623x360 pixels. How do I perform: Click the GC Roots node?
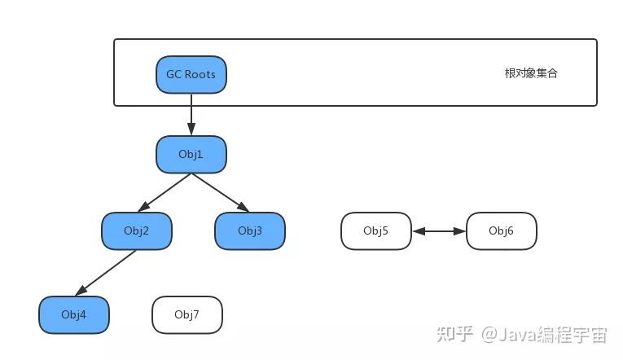(x=191, y=74)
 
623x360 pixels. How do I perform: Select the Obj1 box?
(x=191, y=155)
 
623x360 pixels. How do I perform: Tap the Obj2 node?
(x=136, y=231)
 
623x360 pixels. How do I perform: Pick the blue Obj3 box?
(x=249, y=231)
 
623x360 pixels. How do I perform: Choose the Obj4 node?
(x=73, y=315)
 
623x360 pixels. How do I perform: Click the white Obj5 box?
(x=375, y=231)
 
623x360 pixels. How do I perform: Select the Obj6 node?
(x=501, y=231)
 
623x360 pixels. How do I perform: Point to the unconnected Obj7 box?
(x=186, y=315)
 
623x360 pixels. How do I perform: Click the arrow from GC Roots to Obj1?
(x=191, y=114)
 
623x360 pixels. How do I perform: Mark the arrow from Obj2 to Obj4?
(x=106, y=273)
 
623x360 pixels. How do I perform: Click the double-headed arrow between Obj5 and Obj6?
(x=438, y=231)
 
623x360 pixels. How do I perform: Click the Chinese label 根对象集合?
(x=531, y=73)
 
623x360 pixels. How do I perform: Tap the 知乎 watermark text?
(x=454, y=334)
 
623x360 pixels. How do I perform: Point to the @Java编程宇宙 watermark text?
(x=543, y=334)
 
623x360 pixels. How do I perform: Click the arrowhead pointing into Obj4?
(x=81, y=291)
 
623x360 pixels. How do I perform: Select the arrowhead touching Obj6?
(x=460, y=231)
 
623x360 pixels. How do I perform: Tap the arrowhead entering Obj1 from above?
(x=191, y=130)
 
